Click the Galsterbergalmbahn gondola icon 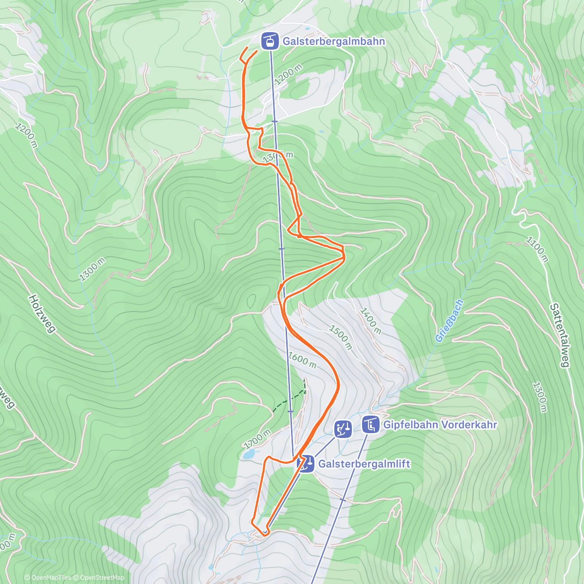click(270, 41)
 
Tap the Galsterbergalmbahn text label click(334, 41)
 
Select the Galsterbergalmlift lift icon click(305, 464)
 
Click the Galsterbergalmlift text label click(364, 464)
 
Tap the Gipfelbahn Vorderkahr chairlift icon click(371, 424)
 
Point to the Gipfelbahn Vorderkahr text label click(440, 424)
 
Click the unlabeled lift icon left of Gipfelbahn click(343, 429)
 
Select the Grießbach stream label click(449, 321)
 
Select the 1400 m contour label click(370, 321)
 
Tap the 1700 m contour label click(257, 438)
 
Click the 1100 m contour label click(537, 250)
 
